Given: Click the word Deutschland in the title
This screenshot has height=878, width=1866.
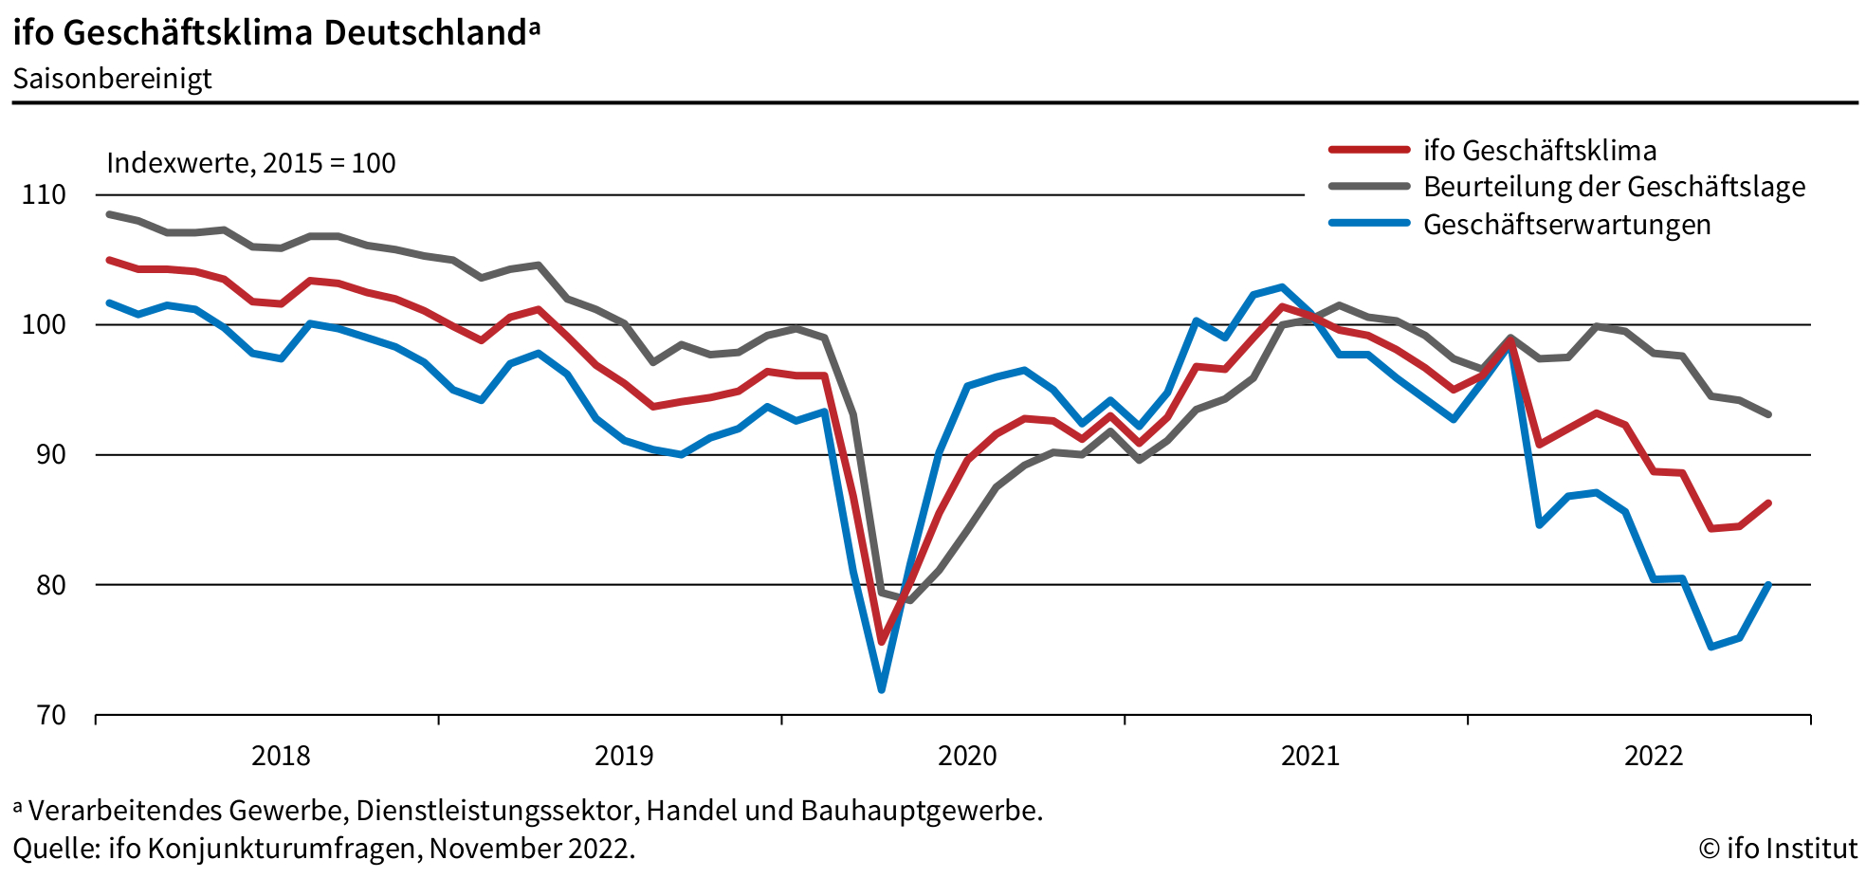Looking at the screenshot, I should pos(425,33).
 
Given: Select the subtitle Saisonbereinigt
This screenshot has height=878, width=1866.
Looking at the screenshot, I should pos(112,78).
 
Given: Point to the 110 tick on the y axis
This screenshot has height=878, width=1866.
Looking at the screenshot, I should pos(44,195).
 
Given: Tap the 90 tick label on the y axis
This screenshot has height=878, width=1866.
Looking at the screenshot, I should pos(50,455).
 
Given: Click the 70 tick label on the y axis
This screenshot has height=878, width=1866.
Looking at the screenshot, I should pos(50,715).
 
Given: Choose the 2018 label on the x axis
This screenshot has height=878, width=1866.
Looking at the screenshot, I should pos(281,756).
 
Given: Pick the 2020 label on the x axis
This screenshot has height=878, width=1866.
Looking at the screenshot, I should pos(967,756).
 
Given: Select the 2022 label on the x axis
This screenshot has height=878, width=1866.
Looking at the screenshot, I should pos(1653,756).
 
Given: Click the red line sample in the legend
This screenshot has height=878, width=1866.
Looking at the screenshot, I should pos(1369,150).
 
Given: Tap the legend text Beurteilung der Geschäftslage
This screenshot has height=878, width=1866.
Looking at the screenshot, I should pos(1614,187).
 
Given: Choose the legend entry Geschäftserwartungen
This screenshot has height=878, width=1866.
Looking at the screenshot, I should pos(1566,225).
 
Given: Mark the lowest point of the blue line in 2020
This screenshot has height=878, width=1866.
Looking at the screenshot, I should pos(881,689).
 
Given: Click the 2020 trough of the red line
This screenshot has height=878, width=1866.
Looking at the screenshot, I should pos(881,642).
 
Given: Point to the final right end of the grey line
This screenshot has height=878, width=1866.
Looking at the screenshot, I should pos(1768,414).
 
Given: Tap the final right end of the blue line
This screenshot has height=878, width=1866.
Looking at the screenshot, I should pos(1768,585).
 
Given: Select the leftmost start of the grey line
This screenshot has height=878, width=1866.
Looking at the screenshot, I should pos(109,214).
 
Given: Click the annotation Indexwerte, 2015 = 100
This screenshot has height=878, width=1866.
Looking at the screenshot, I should pos(250,163).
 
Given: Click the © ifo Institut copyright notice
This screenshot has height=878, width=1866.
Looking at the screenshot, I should pos(1778,848).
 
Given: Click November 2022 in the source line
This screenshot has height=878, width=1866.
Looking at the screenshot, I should pos(530,848).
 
